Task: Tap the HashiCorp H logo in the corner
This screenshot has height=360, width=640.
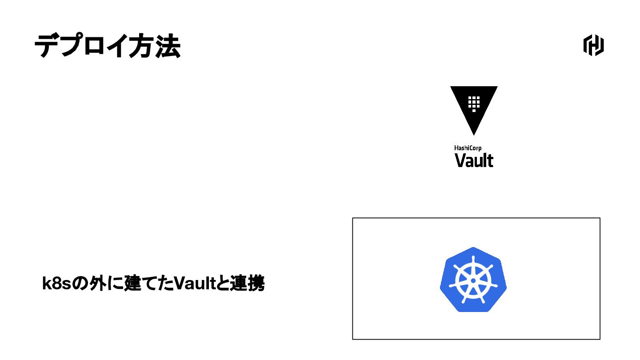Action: (x=593, y=45)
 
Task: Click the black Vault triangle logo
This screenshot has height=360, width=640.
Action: (x=474, y=104)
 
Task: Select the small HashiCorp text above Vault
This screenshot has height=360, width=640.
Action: (x=468, y=148)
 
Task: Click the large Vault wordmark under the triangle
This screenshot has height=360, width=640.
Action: (x=474, y=160)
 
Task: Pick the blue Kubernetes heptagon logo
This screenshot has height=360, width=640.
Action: (x=473, y=280)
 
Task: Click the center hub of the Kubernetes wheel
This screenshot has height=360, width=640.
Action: (x=473, y=280)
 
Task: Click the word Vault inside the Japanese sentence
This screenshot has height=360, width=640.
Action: (x=194, y=284)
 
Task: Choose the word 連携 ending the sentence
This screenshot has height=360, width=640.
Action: (x=247, y=284)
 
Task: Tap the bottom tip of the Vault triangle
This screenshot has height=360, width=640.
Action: (x=474, y=133)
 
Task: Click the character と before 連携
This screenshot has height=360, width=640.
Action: (x=222, y=284)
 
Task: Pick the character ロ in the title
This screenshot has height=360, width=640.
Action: (x=95, y=46)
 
